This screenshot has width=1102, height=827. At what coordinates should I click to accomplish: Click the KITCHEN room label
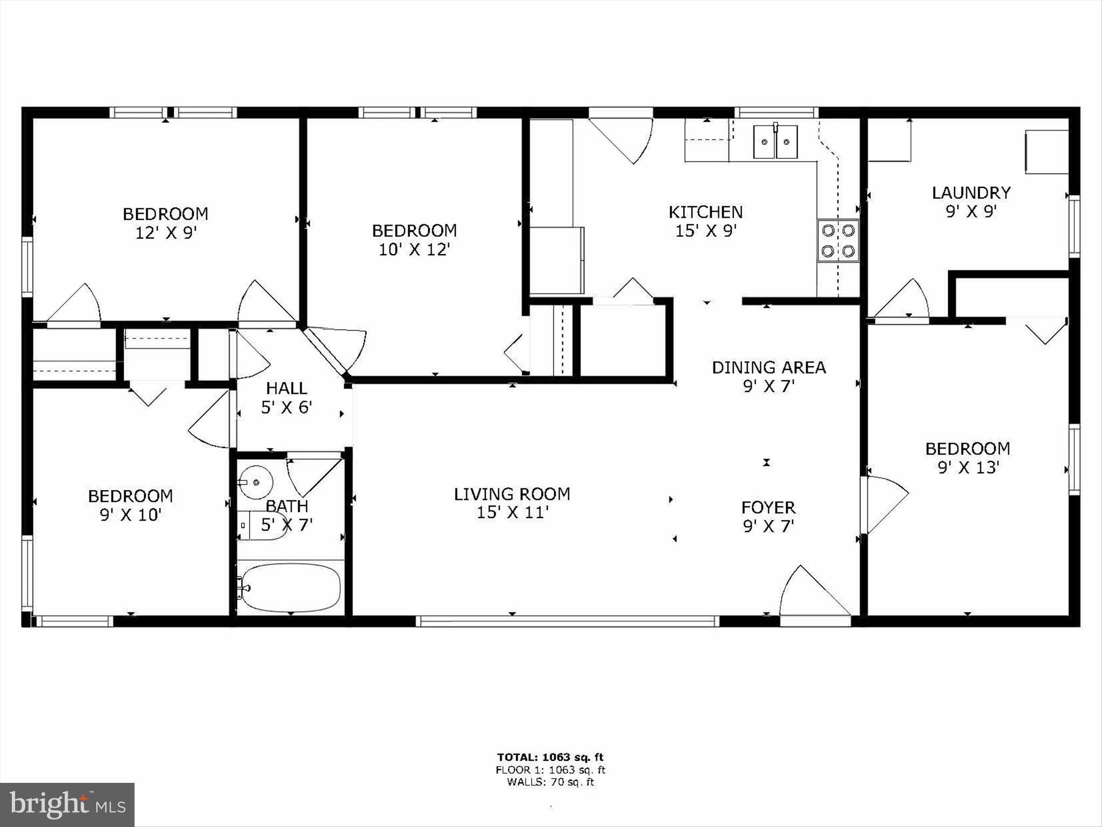[705, 212]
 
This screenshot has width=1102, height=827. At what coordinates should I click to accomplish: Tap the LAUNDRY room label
[971, 192]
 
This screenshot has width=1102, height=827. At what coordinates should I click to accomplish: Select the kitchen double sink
[775, 142]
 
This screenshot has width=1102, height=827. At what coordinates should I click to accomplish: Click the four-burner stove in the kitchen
[838, 241]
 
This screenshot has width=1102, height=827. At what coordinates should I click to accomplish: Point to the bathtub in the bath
[291, 587]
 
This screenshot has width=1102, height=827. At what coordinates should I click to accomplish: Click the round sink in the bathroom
[256, 482]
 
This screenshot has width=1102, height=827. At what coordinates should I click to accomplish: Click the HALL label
[286, 388]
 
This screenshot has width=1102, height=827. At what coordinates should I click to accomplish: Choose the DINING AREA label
[768, 367]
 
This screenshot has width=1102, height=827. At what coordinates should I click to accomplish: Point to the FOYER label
[768, 507]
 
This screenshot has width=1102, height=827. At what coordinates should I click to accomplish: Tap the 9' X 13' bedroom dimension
[968, 467]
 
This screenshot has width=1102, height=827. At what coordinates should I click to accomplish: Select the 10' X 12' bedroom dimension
[414, 250]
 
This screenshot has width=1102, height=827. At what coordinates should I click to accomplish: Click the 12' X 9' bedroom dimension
[165, 233]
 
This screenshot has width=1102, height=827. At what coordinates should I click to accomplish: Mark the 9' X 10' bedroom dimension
[130, 515]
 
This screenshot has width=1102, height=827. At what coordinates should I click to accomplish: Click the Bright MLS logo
[67, 804]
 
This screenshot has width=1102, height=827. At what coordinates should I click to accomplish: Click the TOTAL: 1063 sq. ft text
[550, 757]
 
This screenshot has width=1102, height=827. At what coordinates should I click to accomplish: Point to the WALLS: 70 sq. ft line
[550, 782]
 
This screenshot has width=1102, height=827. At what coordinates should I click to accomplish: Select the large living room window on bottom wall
[567, 621]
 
